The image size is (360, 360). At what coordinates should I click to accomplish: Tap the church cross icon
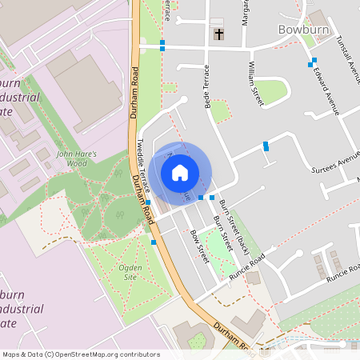(x=219, y=34)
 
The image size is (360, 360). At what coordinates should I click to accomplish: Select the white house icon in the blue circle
(x=180, y=172)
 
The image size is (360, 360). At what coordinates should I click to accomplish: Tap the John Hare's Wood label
(x=76, y=158)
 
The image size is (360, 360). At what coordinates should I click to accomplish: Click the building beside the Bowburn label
(x=318, y=19)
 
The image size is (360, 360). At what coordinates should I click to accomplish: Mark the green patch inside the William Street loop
(x=270, y=91)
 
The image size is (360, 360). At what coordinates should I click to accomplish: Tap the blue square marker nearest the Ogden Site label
(x=153, y=241)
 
